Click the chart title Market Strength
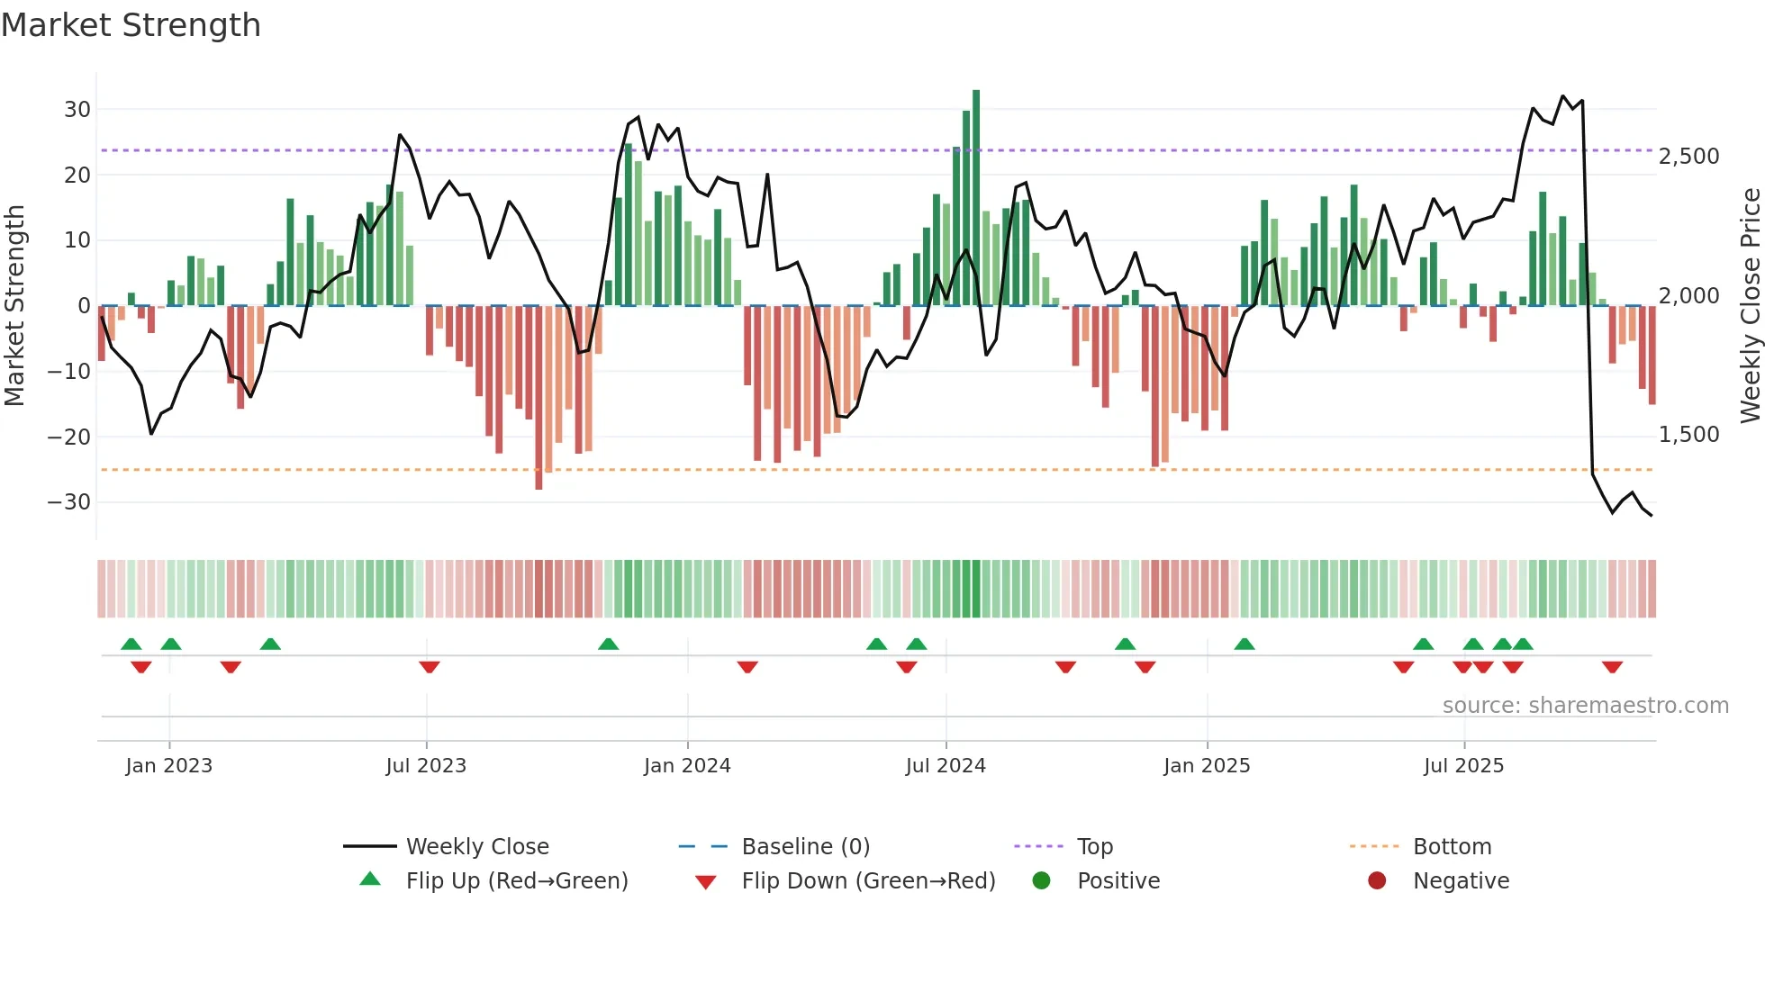click(131, 25)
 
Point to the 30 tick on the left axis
click(77, 110)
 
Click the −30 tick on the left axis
click(69, 502)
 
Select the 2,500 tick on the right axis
click(1688, 157)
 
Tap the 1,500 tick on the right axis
click(1688, 435)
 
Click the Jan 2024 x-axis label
click(687, 766)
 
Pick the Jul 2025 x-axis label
click(1463, 766)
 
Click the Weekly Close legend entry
click(476, 847)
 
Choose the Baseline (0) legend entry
click(805, 847)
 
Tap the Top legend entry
click(1094, 847)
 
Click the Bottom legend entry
click(1452, 847)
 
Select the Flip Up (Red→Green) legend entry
click(516, 881)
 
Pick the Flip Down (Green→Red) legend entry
click(868, 881)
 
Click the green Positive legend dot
click(1042, 881)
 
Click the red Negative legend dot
click(1377, 881)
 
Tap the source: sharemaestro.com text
click(1585, 706)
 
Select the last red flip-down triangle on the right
click(1612, 667)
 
